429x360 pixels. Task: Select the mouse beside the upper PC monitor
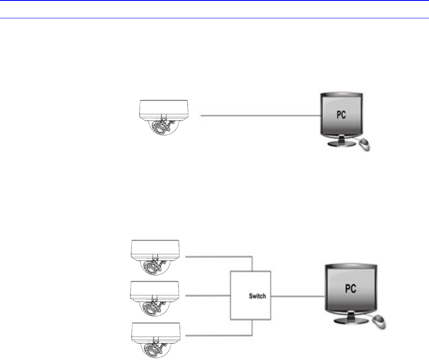click(365, 145)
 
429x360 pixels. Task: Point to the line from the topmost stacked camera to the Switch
click(219, 256)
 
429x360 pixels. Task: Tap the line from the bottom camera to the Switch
click(219, 336)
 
